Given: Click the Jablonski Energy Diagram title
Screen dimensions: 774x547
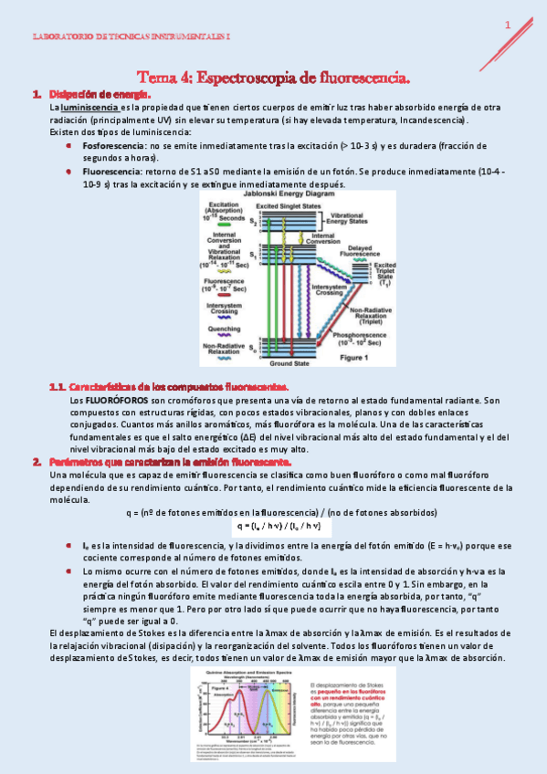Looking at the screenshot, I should coord(288,195).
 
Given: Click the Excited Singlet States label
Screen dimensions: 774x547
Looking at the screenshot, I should coord(289,206).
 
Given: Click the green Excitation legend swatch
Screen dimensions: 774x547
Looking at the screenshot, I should coord(223,225).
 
